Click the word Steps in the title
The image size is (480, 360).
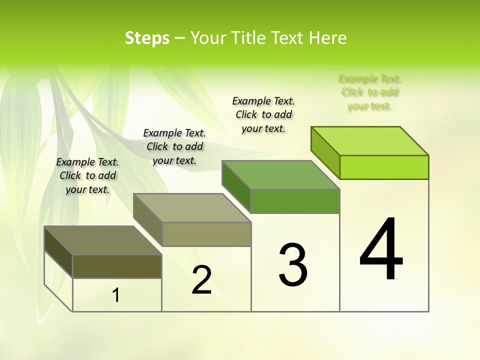tap(147, 38)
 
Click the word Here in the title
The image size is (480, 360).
tap(328, 38)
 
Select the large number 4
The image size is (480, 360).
tap(381, 249)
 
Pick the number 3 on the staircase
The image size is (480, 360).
tap(293, 265)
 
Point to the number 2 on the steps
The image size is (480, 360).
tap(201, 280)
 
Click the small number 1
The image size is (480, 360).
tap(116, 295)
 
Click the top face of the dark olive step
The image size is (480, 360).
tap(103, 240)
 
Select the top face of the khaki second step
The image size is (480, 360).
tap(192, 208)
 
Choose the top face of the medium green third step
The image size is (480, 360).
tap(281, 175)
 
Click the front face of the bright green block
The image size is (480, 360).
tap(384, 167)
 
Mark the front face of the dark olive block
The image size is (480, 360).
tap(117, 266)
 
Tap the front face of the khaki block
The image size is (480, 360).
tap(206, 234)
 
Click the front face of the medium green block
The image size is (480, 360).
tap(295, 201)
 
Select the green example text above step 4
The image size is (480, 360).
tap(369, 92)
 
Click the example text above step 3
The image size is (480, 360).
tap(263, 114)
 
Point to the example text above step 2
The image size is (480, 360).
tap(174, 146)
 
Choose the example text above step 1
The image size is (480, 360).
tap(87, 175)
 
